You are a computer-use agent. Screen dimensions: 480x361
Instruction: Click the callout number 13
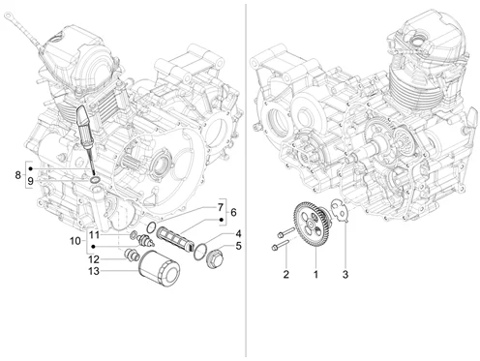point(94,271)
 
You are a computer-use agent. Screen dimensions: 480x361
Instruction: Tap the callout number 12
point(94,259)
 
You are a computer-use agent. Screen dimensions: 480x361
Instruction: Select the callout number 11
point(94,234)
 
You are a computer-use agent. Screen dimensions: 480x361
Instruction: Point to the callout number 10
point(75,241)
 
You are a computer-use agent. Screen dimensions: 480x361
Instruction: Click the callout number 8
point(18,175)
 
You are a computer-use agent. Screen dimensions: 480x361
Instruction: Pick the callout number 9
point(30,181)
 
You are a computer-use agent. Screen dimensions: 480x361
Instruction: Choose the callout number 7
point(221,207)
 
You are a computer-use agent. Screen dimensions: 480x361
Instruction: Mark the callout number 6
point(233,213)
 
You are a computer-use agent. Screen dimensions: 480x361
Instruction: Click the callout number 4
point(238,233)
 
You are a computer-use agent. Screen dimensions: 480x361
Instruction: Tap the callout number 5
point(238,246)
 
